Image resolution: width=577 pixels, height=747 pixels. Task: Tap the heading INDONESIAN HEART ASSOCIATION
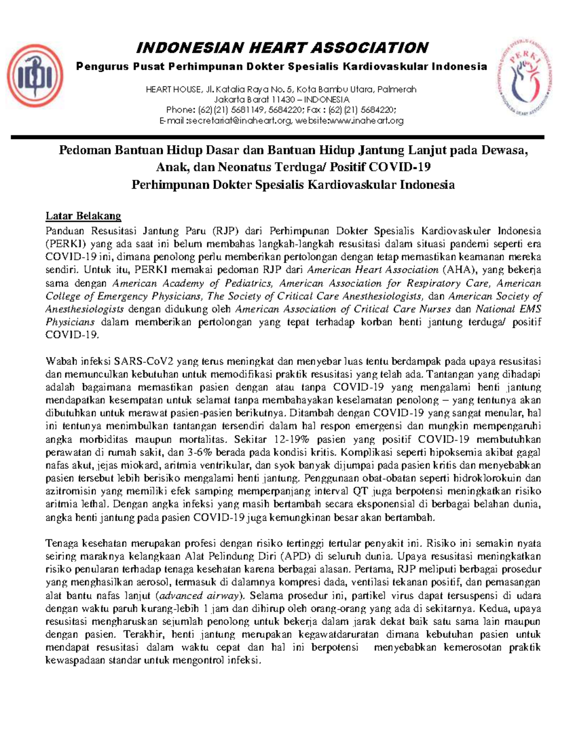[x=282, y=48]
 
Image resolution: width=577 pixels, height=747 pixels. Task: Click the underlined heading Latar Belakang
[x=83, y=215]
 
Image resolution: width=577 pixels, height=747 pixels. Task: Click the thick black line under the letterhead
[x=277, y=138]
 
